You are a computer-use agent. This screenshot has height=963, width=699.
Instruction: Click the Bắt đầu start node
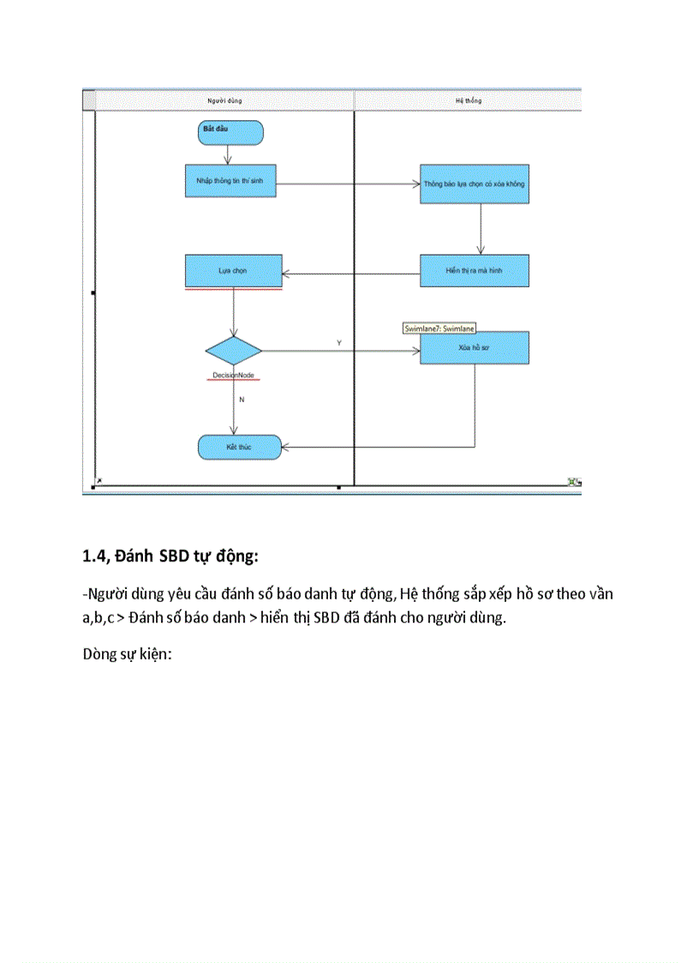[x=230, y=132]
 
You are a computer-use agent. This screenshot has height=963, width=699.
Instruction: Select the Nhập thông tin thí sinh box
[x=230, y=181]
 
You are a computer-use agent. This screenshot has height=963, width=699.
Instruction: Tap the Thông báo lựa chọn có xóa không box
[x=474, y=184]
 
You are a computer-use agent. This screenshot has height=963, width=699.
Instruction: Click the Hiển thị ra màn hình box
[x=474, y=269]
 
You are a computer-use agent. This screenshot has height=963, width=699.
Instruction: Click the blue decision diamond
[x=234, y=351]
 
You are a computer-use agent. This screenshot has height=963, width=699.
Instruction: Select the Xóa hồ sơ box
[x=474, y=348]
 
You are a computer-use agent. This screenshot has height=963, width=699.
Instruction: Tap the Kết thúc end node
[x=239, y=447]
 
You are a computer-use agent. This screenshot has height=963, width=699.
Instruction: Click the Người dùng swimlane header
[x=224, y=100]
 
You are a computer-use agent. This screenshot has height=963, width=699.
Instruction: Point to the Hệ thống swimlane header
[x=468, y=100]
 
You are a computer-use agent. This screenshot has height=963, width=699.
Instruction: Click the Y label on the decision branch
[x=338, y=342]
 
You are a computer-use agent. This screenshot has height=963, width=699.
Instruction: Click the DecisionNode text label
[x=233, y=376]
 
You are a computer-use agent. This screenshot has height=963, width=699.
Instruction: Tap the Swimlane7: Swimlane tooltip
[x=439, y=328]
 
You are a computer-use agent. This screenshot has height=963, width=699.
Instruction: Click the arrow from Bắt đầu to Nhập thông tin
[x=228, y=154]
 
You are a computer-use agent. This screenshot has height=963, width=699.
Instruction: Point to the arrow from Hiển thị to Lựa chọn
[x=351, y=274]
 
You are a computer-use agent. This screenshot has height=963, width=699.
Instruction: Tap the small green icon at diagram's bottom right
[x=573, y=483]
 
